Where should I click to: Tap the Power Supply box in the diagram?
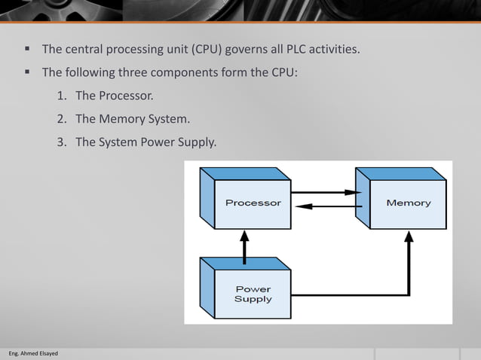tap(253, 294)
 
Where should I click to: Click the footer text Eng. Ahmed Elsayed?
tap(32, 353)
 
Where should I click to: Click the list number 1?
tap(61, 96)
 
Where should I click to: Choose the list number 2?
tap(61, 119)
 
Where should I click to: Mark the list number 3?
tap(61, 142)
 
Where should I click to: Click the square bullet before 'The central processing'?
tap(26, 50)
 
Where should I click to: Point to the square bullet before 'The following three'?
tap(26, 72)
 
